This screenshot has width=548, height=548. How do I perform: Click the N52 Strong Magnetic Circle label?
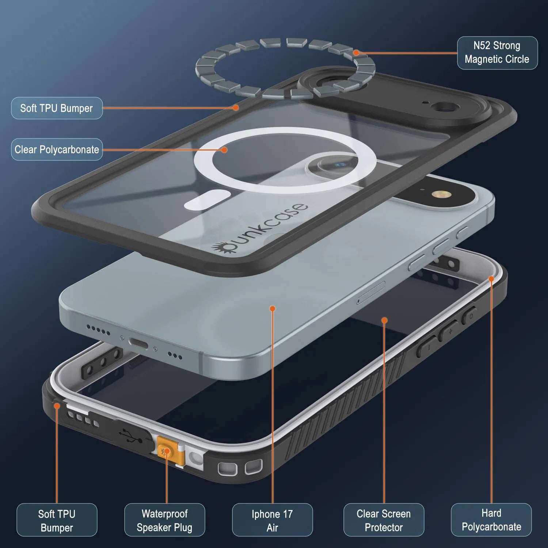click(x=497, y=53)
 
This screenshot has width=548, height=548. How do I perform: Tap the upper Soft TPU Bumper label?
click(x=57, y=108)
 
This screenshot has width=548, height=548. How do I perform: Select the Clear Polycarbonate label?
click(x=57, y=149)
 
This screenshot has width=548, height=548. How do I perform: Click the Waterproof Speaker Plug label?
click(x=164, y=520)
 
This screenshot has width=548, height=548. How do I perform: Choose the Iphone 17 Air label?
click(x=272, y=520)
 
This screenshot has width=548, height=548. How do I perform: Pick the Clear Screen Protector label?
click(x=384, y=520)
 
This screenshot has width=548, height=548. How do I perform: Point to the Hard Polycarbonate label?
click(x=491, y=520)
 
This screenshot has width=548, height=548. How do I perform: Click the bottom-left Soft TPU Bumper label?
click(x=57, y=520)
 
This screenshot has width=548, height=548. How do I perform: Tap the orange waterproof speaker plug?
click(x=167, y=452)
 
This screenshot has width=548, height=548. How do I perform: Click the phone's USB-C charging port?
click(x=138, y=343)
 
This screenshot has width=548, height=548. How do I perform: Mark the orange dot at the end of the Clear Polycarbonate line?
click(x=224, y=150)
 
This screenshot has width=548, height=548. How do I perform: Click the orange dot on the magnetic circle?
click(x=356, y=53)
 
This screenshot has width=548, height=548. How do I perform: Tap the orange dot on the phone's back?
click(x=272, y=309)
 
